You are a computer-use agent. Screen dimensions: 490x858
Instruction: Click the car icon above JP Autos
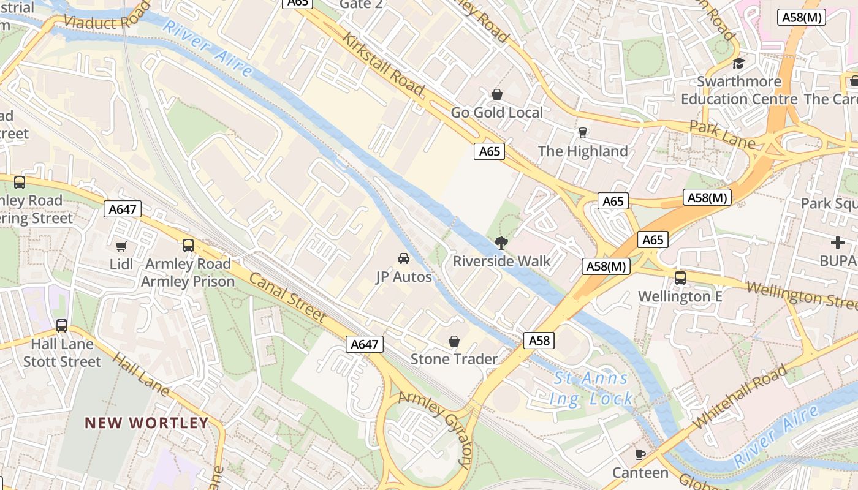(x=403, y=258)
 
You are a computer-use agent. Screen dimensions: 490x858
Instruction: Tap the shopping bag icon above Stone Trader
(x=454, y=341)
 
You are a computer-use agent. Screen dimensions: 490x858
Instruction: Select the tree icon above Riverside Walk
(x=501, y=243)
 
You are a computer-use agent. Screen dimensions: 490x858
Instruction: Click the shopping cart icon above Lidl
(x=121, y=246)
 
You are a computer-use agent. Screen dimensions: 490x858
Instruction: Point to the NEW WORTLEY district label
(x=146, y=423)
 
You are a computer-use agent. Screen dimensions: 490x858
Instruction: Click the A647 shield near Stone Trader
(x=364, y=344)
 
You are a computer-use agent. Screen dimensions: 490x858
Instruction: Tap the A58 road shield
(x=539, y=341)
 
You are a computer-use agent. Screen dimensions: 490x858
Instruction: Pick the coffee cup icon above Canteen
(x=640, y=454)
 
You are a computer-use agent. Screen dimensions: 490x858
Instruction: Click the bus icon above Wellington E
(x=680, y=278)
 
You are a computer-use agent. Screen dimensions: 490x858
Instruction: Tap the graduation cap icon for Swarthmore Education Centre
(x=739, y=64)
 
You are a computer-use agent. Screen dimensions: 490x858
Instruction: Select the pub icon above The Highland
(x=583, y=133)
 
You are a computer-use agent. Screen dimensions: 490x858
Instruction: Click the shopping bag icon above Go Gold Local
(x=497, y=94)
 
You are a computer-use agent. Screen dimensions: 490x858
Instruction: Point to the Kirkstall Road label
(x=384, y=64)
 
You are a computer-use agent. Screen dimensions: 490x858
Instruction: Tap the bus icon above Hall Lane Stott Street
(x=62, y=326)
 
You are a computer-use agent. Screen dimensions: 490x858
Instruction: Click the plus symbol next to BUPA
(x=838, y=243)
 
